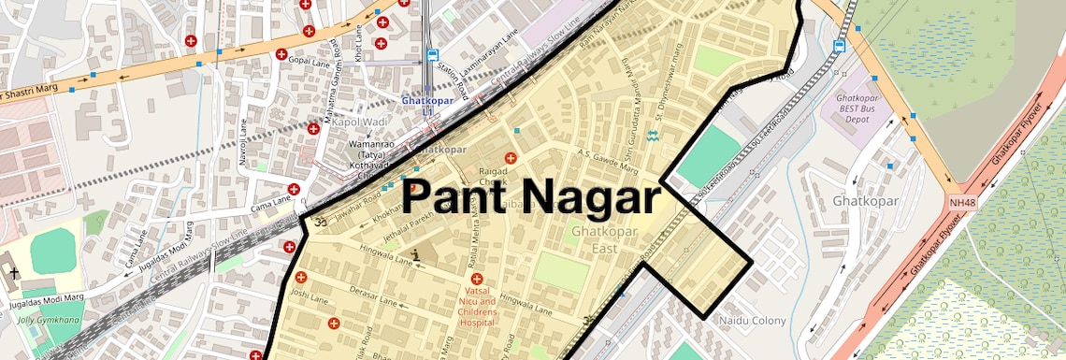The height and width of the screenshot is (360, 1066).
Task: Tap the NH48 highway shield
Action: pyautogui.click(x=961, y=202)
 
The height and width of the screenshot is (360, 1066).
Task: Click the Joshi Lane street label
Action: pyautogui.click(x=310, y=299)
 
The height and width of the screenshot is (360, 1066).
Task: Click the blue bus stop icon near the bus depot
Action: pyautogui.click(x=840, y=45)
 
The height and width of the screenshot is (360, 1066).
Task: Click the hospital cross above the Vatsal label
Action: pyautogui.click(x=477, y=279)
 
